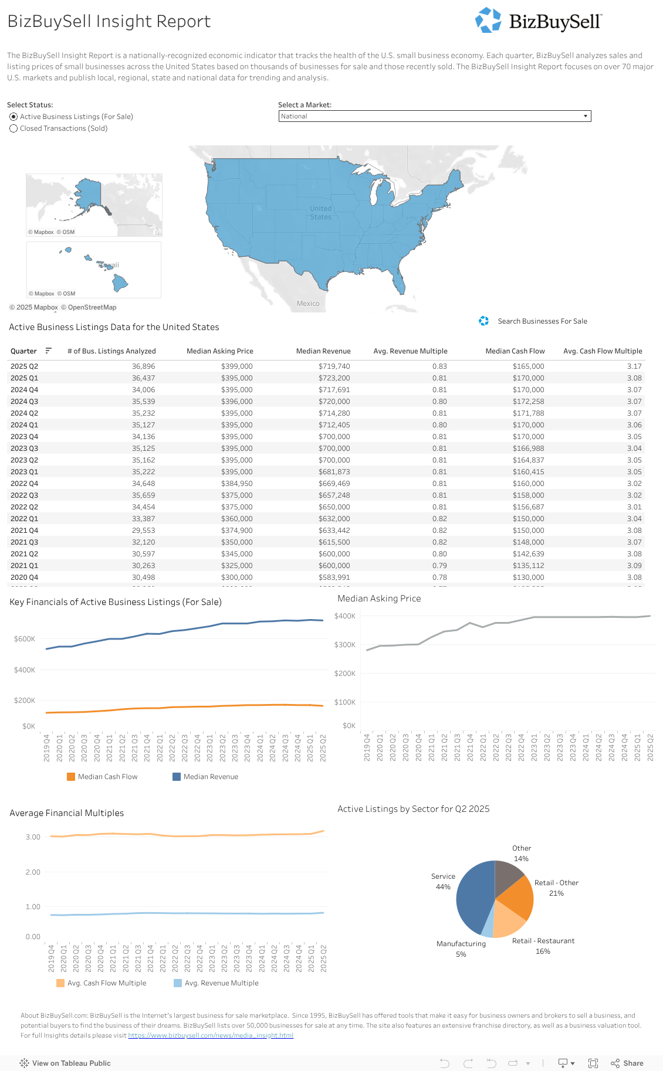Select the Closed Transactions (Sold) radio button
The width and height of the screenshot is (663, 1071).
pos(13,128)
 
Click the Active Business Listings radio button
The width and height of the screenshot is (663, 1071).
pos(13,117)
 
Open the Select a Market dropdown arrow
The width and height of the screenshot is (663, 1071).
pos(585,116)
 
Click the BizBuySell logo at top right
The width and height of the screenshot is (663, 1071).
pos(538,21)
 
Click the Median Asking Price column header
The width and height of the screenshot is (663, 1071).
pos(219,351)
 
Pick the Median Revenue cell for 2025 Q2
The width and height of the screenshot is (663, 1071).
pos(334,366)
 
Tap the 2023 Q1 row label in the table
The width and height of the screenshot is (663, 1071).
pos(24,472)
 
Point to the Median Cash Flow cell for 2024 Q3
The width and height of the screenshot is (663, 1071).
pos(528,402)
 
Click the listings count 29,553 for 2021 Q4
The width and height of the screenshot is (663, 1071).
pos(143,531)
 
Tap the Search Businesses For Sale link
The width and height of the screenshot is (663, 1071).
pos(542,321)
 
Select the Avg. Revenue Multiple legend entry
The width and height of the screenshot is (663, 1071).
pos(221,983)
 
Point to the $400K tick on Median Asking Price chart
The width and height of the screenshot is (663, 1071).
pos(345,616)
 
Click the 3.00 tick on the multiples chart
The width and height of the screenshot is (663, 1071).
pos(33,837)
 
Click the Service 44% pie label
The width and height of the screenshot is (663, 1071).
pos(443,882)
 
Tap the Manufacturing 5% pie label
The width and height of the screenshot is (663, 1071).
pos(461,948)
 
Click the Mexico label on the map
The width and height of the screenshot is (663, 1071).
pos(308,304)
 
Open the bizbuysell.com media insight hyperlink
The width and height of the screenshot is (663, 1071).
pos(211,1035)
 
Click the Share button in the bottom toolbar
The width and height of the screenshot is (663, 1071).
pos(627,1063)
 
